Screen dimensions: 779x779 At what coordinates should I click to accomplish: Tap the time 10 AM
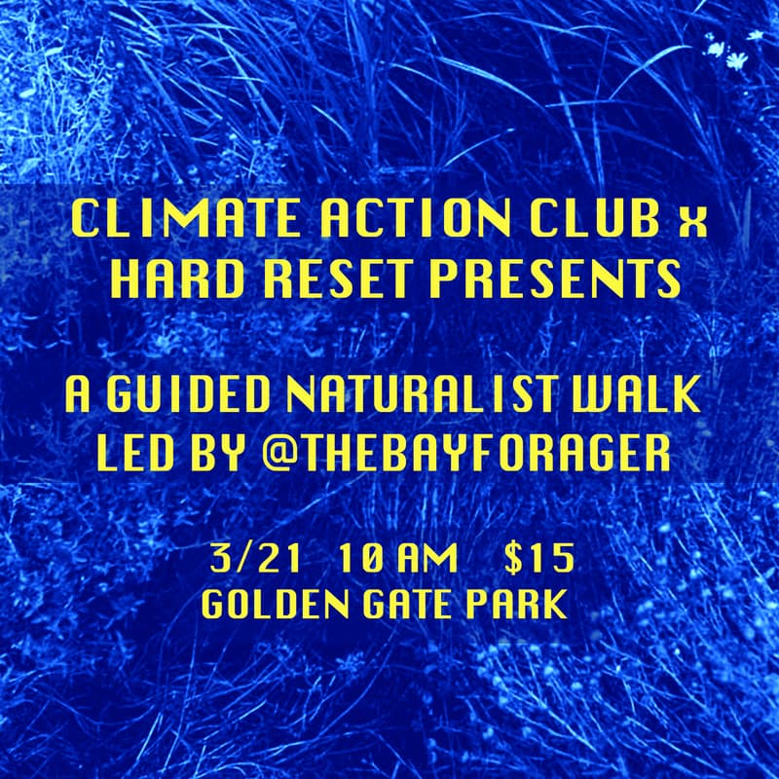399,559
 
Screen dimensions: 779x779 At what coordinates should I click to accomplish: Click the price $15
538,559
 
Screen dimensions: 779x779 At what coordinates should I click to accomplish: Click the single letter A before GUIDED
78,396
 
